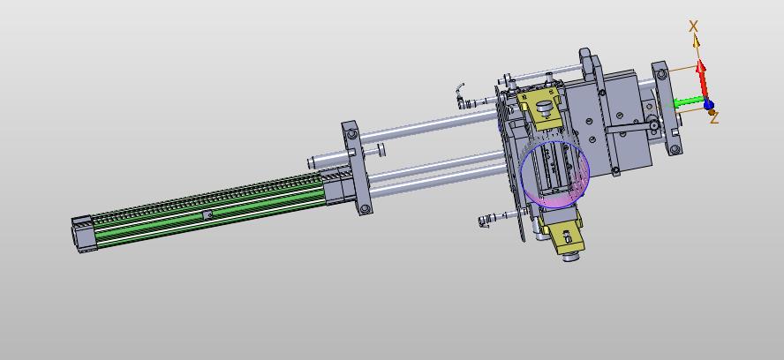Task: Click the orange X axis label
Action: pyautogui.click(x=693, y=26)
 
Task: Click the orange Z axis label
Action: pyautogui.click(x=714, y=118)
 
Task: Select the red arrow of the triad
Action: pyautogui.click(x=703, y=80)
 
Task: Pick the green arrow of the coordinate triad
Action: pyautogui.click(x=688, y=103)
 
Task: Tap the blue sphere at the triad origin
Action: pyautogui.click(x=708, y=104)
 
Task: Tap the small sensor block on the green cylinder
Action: pyautogui.click(x=207, y=215)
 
